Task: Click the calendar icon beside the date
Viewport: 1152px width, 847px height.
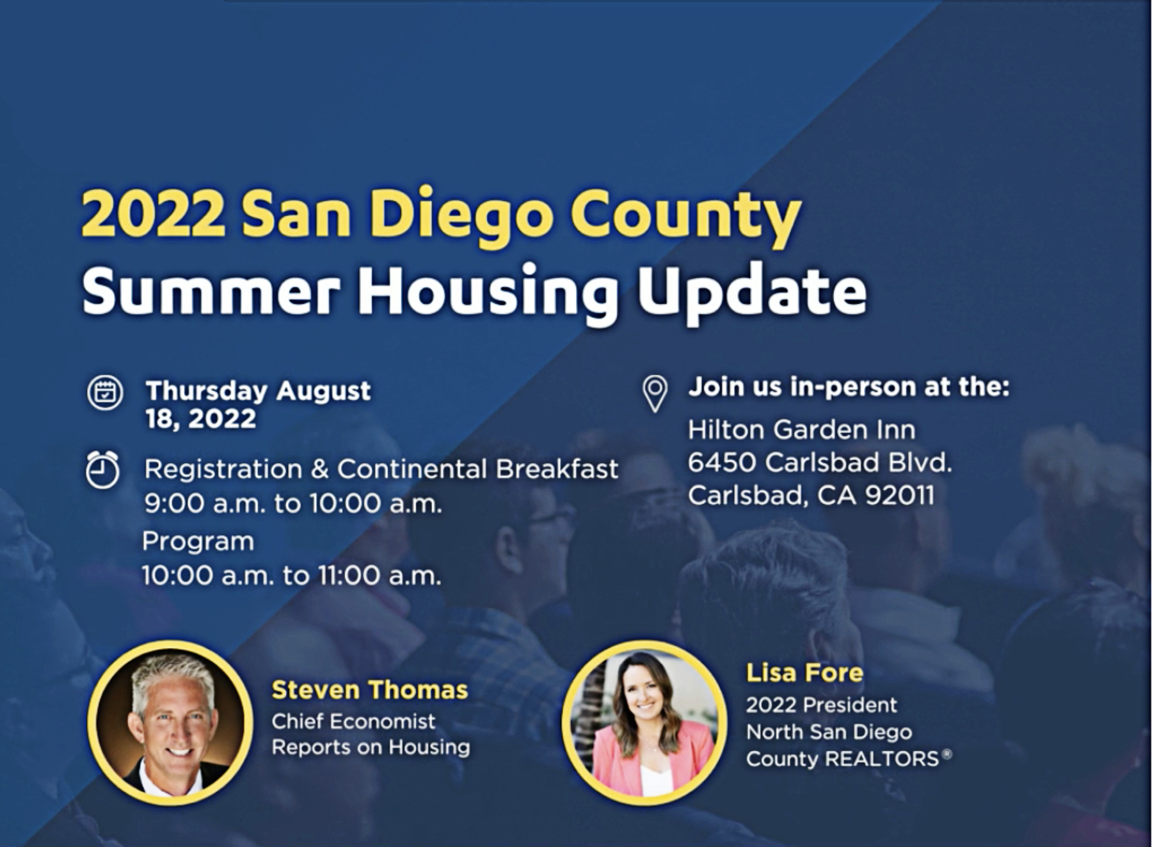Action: (x=105, y=392)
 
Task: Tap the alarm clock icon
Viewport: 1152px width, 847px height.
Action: (x=102, y=470)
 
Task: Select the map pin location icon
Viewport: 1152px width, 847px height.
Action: (x=655, y=393)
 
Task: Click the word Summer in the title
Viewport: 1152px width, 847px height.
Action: (x=211, y=291)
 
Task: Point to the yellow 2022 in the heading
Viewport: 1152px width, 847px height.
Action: (x=154, y=214)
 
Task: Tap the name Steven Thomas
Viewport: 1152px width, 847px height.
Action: (x=370, y=690)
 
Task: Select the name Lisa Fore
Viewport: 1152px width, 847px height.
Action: (x=804, y=672)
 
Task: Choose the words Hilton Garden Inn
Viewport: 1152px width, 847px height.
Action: (x=802, y=429)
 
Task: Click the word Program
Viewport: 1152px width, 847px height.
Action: (x=198, y=542)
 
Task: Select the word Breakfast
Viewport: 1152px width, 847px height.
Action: (x=557, y=469)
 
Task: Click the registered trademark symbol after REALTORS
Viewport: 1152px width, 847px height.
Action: (x=947, y=754)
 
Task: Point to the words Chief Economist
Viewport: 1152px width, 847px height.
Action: (x=353, y=721)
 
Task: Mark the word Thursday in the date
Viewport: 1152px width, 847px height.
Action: (x=207, y=390)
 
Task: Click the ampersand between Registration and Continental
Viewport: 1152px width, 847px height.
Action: (x=319, y=469)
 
